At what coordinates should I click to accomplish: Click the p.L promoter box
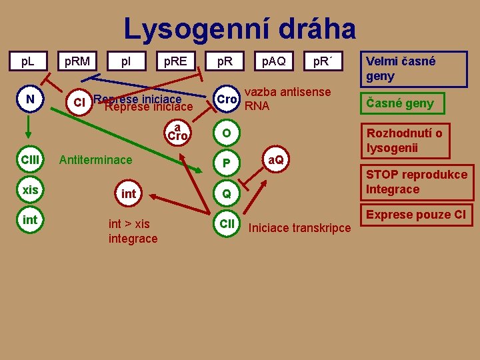pyautogui.click(x=27, y=62)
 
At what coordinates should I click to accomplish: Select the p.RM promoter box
pyautogui.click(x=77, y=62)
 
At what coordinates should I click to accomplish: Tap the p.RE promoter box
pyautogui.click(x=176, y=62)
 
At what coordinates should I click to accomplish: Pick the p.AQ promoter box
pyautogui.click(x=273, y=62)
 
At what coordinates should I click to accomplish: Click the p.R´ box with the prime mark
pyautogui.click(x=323, y=62)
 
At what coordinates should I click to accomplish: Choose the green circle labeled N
pyautogui.click(x=30, y=100)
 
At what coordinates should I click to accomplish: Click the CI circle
pyautogui.click(x=79, y=103)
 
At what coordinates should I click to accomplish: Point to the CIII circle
pyautogui.click(x=30, y=160)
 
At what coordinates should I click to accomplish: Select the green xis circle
pyautogui.click(x=30, y=190)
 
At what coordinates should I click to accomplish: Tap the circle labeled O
pyautogui.click(x=227, y=133)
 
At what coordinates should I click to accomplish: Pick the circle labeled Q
pyautogui.click(x=227, y=194)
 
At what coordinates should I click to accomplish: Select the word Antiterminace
pyautogui.click(x=96, y=160)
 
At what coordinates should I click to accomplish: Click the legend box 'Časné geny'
pyautogui.click(x=401, y=103)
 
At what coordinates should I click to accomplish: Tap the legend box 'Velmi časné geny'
pyautogui.click(x=405, y=69)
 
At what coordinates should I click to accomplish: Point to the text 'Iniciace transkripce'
pyautogui.click(x=299, y=228)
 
